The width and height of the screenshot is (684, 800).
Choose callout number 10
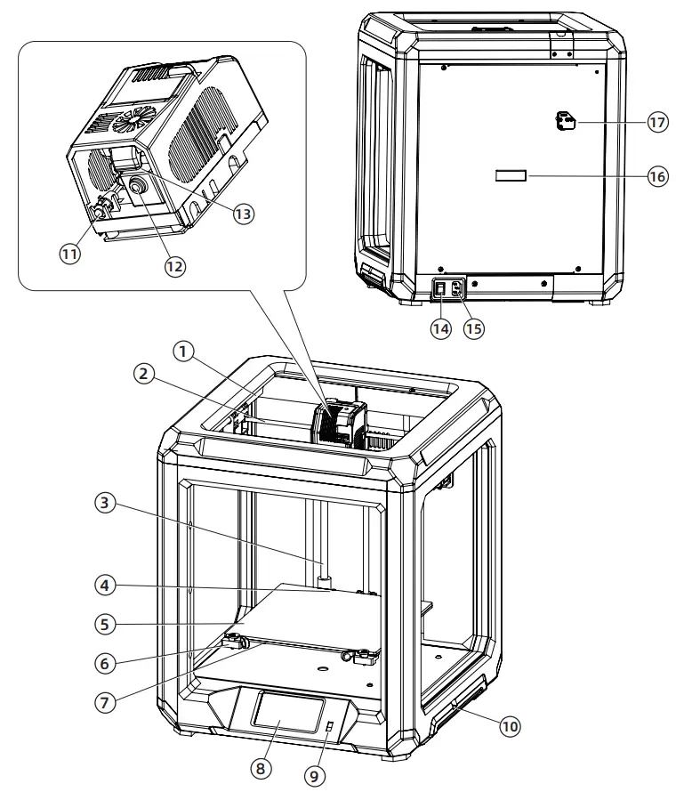(x=509, y=726)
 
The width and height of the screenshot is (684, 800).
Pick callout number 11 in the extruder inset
(x=70, y=253)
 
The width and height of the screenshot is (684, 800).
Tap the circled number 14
(x=441, y=327)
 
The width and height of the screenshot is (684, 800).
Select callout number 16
(x=656, y=176)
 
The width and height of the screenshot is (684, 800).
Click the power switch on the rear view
(x=440, y=288)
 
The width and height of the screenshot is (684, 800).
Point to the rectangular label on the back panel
(x=511, y=177)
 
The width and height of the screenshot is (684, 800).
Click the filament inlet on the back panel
(x=564, y=122)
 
